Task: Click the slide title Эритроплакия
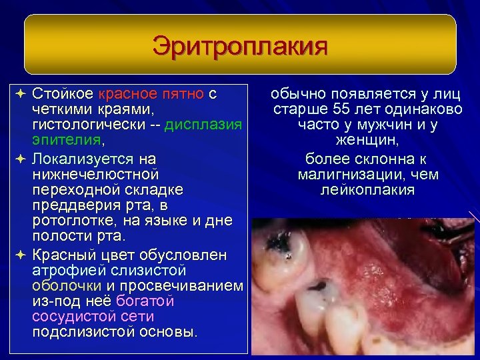coord(239,47)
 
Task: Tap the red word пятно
coord(181,93)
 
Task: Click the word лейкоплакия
coord(367,191)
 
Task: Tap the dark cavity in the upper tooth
coord(283,247)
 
